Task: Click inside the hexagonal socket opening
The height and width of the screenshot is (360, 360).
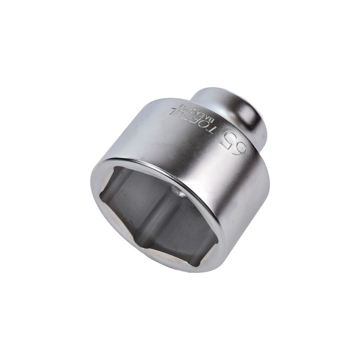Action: point(155,214)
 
